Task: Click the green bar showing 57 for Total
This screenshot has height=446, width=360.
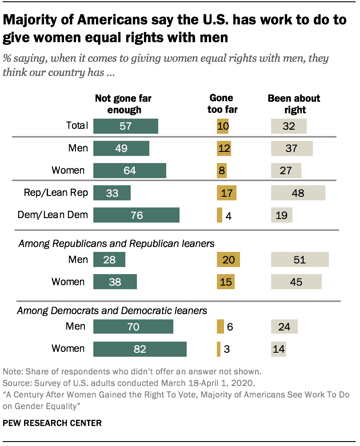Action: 126,126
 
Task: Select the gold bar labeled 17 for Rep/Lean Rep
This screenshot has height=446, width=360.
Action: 226,193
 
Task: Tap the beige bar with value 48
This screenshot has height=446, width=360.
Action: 298,193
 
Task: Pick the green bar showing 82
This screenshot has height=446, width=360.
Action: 140,349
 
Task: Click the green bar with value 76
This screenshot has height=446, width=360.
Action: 136,215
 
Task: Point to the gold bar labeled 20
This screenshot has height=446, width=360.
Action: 228,259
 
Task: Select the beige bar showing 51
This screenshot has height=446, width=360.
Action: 300,259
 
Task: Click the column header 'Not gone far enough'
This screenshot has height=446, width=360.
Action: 120,104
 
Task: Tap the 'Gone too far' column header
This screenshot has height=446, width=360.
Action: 222,104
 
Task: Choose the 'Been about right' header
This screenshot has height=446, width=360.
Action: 294,104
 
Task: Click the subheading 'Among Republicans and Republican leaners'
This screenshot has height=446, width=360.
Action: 116,243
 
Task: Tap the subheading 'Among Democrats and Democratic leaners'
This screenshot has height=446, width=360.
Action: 112,311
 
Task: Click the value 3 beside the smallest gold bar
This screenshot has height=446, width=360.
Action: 227,349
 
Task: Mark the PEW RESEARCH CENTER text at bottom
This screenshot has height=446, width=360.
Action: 52,423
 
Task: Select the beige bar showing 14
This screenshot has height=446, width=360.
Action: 279,349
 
